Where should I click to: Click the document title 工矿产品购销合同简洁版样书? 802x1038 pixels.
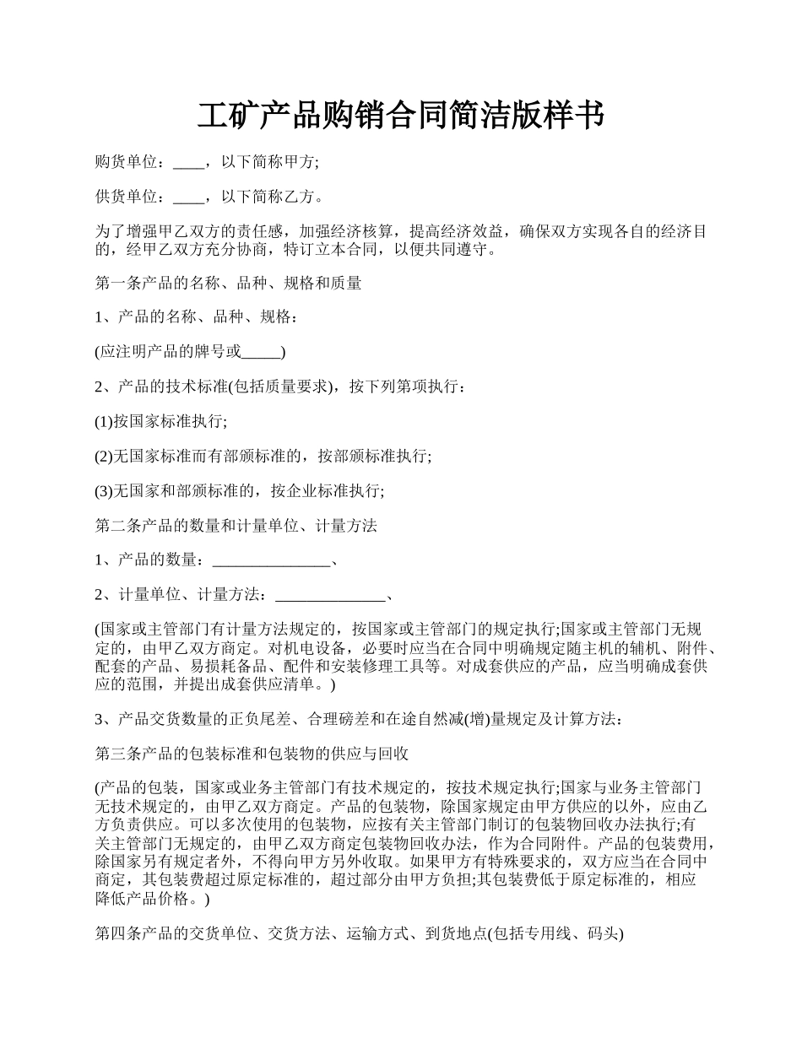pyautogui.click(x=400, y=115)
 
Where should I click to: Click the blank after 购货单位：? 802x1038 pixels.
pyautogui.click(x=188, y=162)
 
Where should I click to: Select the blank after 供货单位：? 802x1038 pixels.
pyautogui.click(x=188, y=197)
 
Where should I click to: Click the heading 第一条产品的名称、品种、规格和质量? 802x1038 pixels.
pyautogui.click(x=229, y=284)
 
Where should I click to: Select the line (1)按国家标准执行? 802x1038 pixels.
pyautogui.click(x=161, y=421)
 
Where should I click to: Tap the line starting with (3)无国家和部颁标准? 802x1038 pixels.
pyautogui.click(x=240, y=490)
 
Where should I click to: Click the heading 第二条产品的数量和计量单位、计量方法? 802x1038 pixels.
pyautogui.click(x=236, y=526)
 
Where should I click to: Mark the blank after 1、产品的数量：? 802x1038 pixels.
pyautogui.click(x=271, y=560)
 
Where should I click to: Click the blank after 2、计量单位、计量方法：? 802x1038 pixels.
pyautogui.click(x=330, y=595)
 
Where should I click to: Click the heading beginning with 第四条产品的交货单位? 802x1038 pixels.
pyautogui.click(x=360, y=934)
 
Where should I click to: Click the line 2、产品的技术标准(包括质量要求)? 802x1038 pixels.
pyautogui.click(x=279, y=387)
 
